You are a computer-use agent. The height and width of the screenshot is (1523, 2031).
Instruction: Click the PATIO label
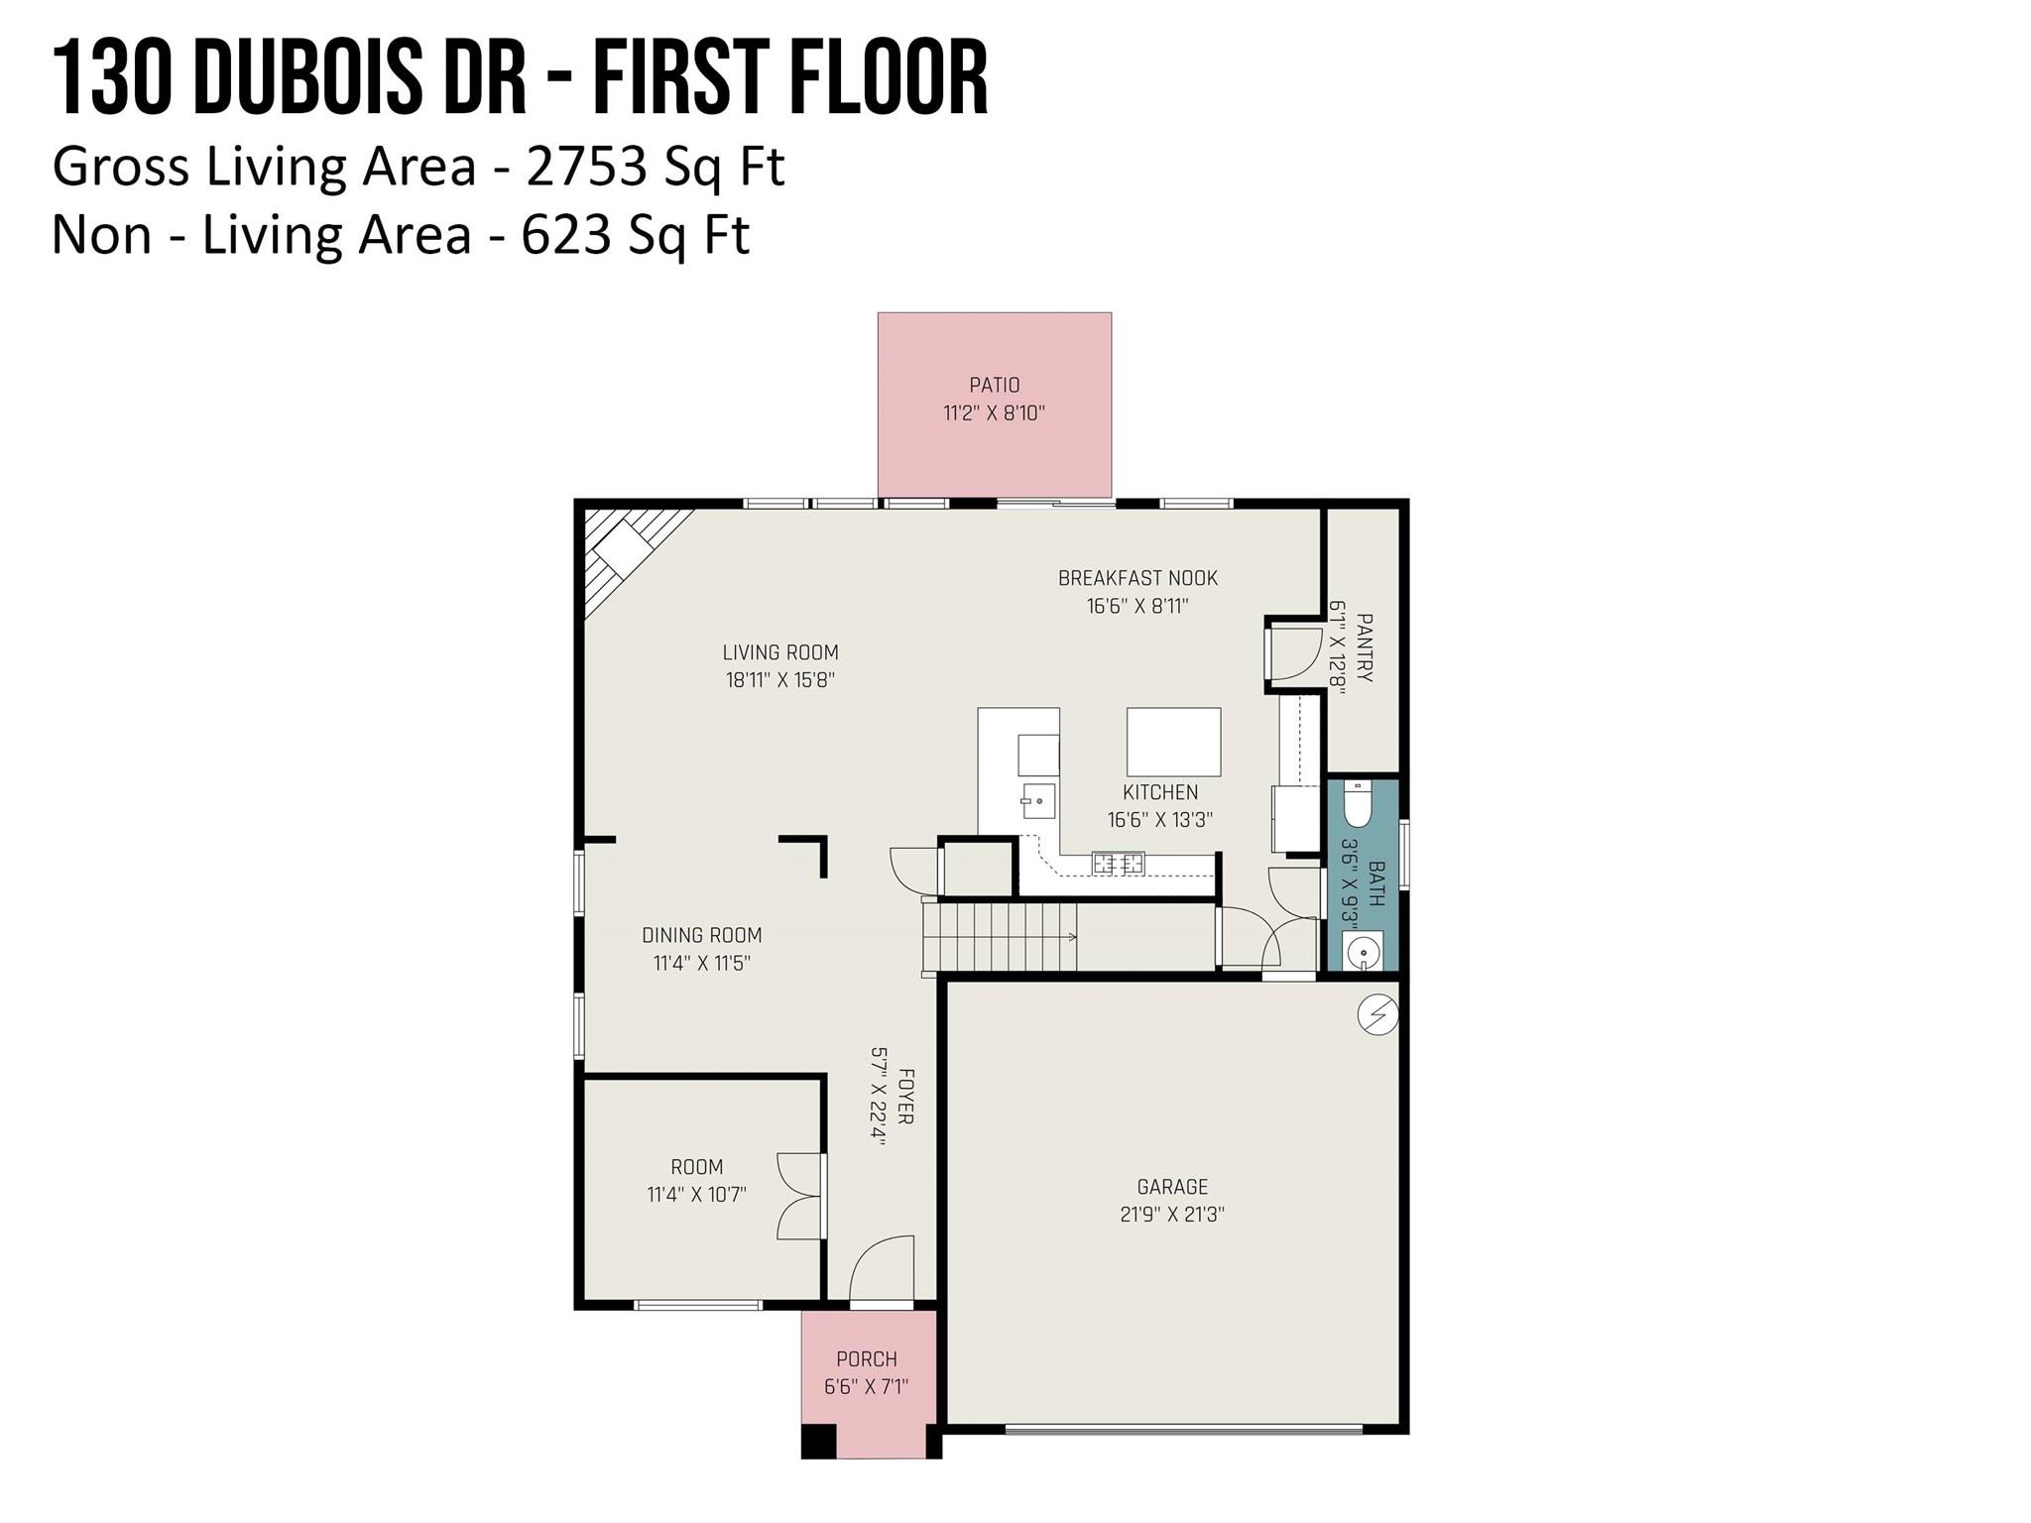pyautogui.click(x=994, y=385)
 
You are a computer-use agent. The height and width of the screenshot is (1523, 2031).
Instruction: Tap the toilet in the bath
pyautogui.click(x=1356, y=803)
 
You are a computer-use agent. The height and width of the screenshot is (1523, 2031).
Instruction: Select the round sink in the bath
pyautogui.click(x=1363, y=953)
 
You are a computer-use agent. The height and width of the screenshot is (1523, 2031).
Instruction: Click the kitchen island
pyautogui.click(x=1173, y=742)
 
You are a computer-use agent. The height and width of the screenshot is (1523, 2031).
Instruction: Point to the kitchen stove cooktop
pyautogui.click(x=1118, y=864)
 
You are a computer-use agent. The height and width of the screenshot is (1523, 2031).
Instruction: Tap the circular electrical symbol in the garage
pyautogui.click(x=1377, y=1014)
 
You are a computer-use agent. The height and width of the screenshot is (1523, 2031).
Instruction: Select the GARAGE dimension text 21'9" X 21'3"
pyautogui.click(x=1172, y=1214)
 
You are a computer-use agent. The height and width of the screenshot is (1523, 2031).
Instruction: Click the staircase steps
pyautogui.click(x=1000, y=937)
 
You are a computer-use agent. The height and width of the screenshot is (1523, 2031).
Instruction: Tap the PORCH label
pyautogui.click(x=866, y=1358)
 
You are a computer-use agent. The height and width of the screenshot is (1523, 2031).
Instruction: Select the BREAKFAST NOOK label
pyautogui.click(x=1137, y=577)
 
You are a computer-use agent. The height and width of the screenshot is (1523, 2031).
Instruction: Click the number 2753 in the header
pyautogui.click(x=586, y=167)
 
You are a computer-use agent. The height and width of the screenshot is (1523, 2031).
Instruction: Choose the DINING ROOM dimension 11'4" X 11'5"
pyautogui.click(x=701, y=963)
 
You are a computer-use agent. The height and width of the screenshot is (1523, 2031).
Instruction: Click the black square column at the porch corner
pyautogui.click(x=819, y=1441)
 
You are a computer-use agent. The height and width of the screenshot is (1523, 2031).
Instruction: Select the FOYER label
pyautogui.click(x=904, y=1096)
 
